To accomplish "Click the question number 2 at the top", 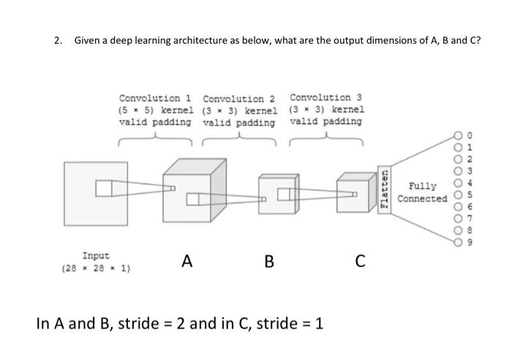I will [59, 40].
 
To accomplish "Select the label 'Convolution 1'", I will [155, 98].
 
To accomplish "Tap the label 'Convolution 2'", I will [239, 99].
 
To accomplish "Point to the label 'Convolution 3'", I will [325, 97].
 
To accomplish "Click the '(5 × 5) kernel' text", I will [155, 110].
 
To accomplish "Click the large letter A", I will [188, 260].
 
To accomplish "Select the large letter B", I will [269, 260].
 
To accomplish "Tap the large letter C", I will [359, 260].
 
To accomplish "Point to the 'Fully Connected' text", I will [422, 192].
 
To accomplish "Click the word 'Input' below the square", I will [96, 255].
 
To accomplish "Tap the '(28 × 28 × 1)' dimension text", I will [96, 268].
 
